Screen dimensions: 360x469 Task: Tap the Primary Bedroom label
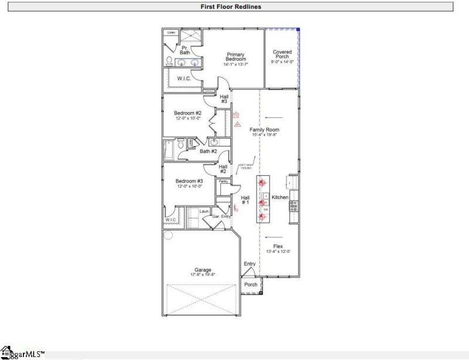236,57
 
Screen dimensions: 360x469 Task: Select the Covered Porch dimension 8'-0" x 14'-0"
282,62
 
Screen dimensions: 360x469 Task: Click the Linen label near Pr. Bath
171,32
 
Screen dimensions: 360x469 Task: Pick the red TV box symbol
236,116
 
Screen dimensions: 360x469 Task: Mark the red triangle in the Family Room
237,124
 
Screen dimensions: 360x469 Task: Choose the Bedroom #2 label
188,113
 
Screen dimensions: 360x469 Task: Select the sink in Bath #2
215,142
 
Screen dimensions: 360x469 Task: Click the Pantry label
223,182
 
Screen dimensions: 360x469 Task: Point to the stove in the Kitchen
294,205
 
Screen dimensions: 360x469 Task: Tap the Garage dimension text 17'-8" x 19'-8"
203,274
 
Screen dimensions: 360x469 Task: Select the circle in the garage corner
168,236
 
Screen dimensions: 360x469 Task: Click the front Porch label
251,285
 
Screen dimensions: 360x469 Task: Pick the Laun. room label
204,211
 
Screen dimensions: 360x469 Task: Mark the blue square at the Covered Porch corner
298,29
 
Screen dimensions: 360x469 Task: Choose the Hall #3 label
224,99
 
